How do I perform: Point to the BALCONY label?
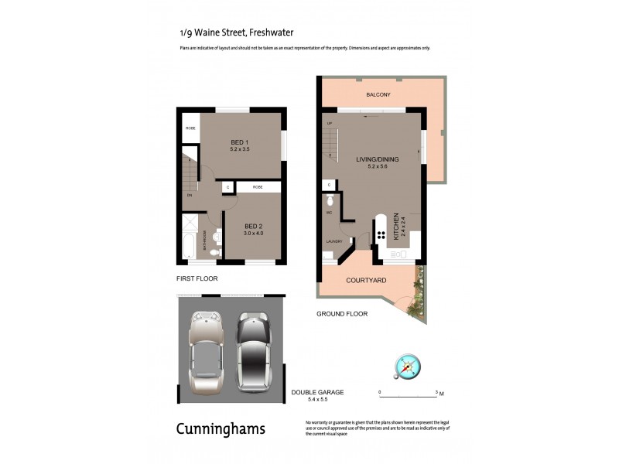click(378, 95)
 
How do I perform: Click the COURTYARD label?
click(366, 280)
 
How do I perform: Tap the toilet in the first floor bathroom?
click(216, 252)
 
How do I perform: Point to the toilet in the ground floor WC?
click(330, 203)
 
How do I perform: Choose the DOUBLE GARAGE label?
click(313, 393)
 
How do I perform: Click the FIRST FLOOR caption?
click(197, 278)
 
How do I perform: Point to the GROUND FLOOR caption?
click(342, 314)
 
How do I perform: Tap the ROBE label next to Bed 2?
click(257, 187)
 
